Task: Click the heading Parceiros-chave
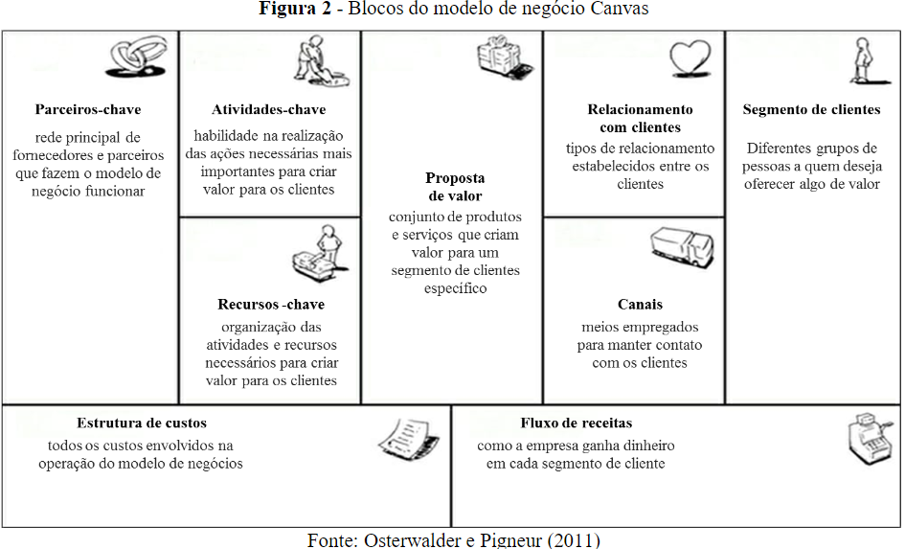88,110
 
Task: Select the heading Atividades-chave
269,110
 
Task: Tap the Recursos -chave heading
271,305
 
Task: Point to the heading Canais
640,305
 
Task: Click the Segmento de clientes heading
811,110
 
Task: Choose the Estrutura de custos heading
142,423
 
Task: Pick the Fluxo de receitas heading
577,423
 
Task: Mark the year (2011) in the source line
575,539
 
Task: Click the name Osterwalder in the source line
413,539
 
